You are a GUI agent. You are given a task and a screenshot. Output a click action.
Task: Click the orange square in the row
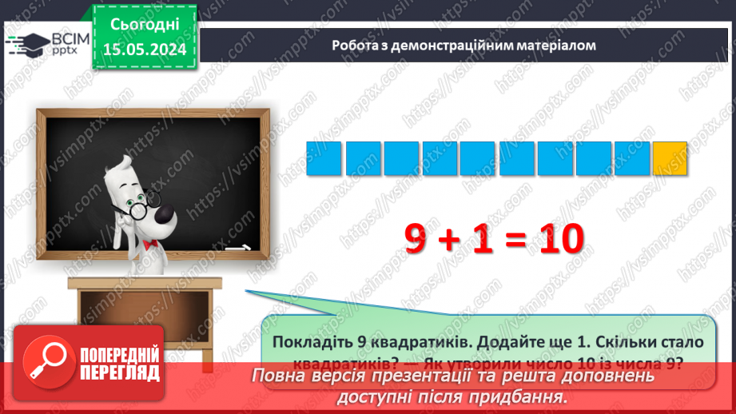[670, 158]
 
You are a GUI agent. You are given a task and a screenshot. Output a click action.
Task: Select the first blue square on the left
[324, 158]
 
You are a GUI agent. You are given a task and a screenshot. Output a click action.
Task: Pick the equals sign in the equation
[513, 239]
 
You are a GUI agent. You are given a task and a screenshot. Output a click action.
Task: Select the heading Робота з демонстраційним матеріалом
[464, 46]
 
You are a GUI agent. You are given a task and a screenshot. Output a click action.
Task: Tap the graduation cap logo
[26, 42]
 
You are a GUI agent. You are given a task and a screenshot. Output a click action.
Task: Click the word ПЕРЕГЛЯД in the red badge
[119, 373]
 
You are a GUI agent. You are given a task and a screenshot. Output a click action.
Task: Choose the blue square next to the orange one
[631, 158]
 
